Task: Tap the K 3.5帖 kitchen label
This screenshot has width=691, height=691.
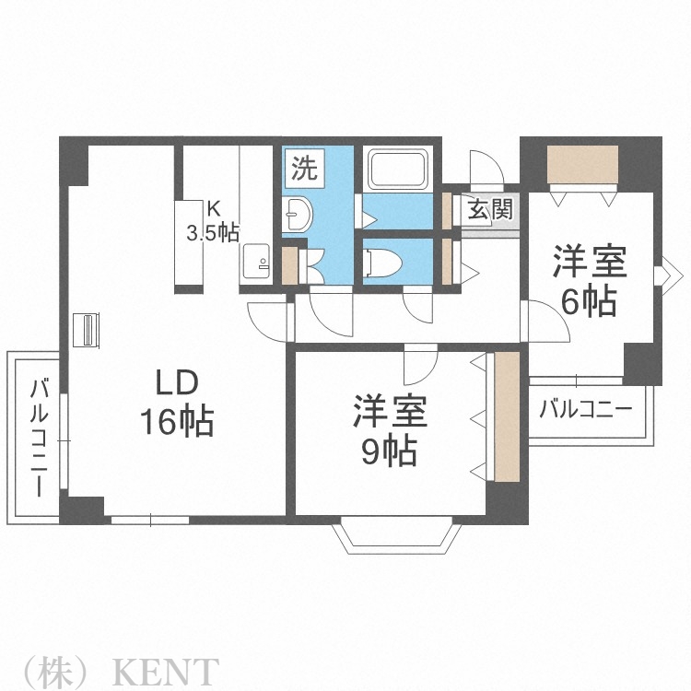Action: pyautogui.click(x=213, y=222)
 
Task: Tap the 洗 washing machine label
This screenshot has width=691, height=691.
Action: pyautogui.click(x=304, y=169)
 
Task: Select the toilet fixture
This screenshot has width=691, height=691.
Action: pyautogui.click(x=381, y=263)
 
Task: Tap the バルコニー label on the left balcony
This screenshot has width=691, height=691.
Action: pyautogui.click(x=40, y=437)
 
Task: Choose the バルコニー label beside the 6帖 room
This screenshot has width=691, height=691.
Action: pyautogui.click(x=586, y=409)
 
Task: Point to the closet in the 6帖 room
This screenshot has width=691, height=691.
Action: pyautogui.click(x=581, y=165)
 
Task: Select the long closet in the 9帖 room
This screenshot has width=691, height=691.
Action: pyautogui.click(x=507, y=416)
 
